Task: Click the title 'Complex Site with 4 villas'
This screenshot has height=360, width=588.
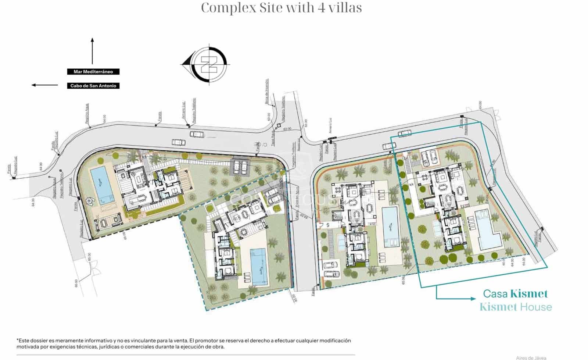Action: coord(281,8)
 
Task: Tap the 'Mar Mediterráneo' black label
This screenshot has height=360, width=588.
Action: coord(93,72)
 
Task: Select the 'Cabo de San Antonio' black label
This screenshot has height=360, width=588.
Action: coord(93,86)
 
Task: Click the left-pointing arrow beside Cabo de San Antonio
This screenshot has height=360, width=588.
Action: coord(44,85)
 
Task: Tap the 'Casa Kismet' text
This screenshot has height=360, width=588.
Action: coord(515,293)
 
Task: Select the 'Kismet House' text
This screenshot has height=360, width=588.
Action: coord(516,307)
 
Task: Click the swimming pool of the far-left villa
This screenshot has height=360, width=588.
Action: coord(101,185)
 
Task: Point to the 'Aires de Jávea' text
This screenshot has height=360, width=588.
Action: coord(531,357)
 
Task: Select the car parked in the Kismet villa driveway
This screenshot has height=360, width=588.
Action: coord(428,158)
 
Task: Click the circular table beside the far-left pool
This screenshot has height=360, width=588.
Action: coord(90,200)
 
